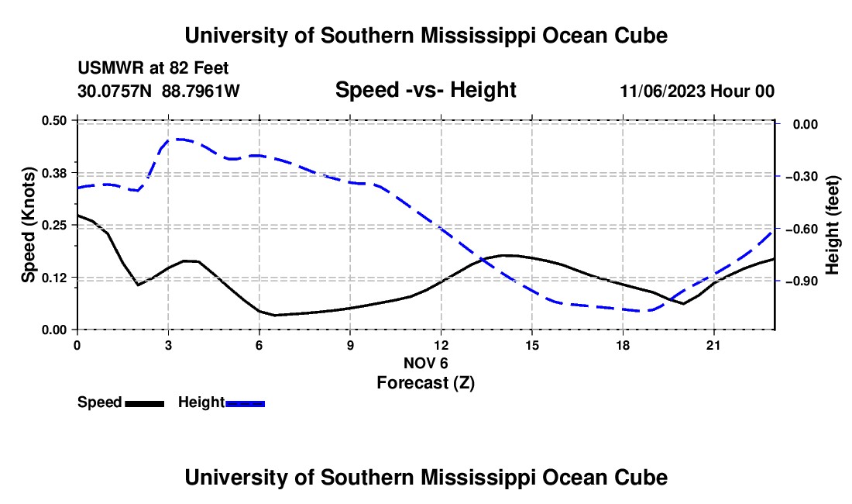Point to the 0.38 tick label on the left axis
click(x=53, y=173)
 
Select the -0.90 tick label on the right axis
click(x=802, y=281)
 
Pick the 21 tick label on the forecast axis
click(x=713, y=345)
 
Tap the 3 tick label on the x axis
click(x=168, y=345)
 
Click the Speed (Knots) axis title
click(x=28, y=225)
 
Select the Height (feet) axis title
click(x=832, y=225)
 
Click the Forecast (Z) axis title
click(x=426, y=383)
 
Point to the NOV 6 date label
click(x=426, y=363)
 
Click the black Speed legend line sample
click(x=145, y=404)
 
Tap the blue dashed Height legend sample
click(x=245, y=404)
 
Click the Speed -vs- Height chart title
click(x=426, y=90)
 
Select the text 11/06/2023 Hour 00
click(x=697, y=91)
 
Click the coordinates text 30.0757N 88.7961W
click(x=159, y=91)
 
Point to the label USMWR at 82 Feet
click(x=153, y=68)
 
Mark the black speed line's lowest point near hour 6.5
click(x=275, y=316)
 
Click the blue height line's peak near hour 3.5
click(x=180, y=140)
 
